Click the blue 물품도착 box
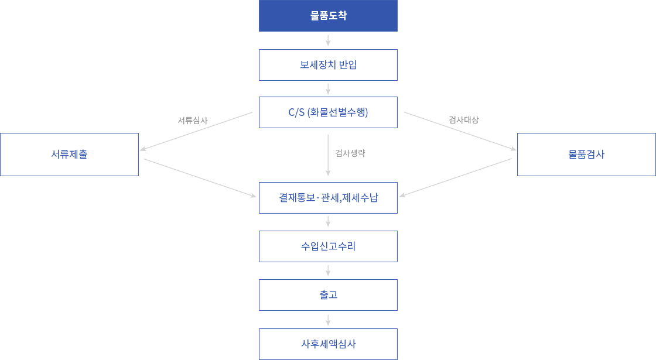[328, 15]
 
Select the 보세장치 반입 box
[328, 65]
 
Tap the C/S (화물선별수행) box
[328, 112]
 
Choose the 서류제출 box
[70, 155]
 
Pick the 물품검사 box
[586, 155]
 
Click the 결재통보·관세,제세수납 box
[328, 198]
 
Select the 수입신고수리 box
[328, 246]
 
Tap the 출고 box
[328, 295]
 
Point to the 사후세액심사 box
[328, 344]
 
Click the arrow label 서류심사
[193, 121]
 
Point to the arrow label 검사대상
[463, 120]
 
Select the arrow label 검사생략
[350, 153]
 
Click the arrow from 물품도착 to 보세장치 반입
[328, 40]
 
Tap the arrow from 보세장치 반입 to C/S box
[328, 89]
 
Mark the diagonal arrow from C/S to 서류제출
[196, 131]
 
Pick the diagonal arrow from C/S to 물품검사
[460, 131]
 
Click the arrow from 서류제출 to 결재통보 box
[200, 178]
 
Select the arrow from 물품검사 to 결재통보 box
[456, 178]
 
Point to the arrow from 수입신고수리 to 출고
[328, 270]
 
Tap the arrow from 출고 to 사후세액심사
[328, 320]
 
